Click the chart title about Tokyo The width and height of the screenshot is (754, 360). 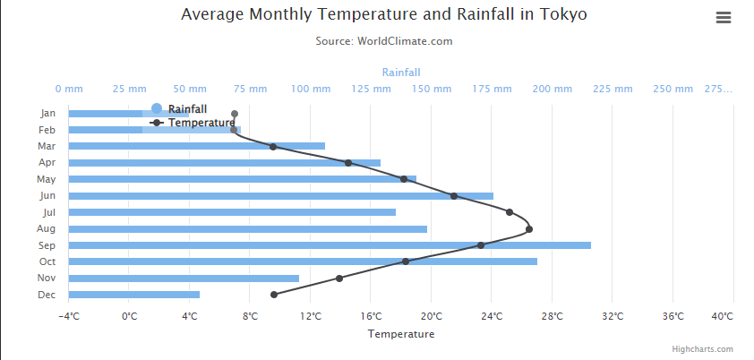384,15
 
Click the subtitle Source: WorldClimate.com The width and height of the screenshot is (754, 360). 384,41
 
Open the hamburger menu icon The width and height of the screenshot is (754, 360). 724,18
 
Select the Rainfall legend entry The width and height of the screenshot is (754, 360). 187,108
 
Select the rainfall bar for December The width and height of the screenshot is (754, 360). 134,295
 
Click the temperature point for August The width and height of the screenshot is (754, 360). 529,229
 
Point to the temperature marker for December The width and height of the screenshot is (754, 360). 274,295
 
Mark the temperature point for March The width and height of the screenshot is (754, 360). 273,146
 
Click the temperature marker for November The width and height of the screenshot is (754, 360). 339,279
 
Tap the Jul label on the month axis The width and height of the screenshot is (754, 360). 49,212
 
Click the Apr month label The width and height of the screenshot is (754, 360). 48,163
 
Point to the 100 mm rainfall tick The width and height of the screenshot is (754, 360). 311,90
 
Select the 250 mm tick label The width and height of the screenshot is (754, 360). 673,90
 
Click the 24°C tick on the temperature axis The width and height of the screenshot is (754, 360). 492,316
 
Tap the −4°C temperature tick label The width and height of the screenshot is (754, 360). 69,316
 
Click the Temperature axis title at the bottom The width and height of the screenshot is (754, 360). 401,334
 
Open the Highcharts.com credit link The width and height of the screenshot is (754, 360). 703,349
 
